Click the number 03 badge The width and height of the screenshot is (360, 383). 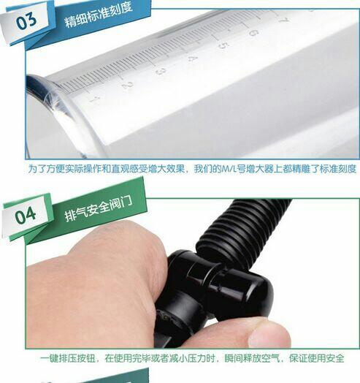pos(26,20)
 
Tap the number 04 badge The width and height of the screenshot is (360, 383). pos(26,215)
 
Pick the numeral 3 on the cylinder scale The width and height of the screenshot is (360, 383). pos(161,72)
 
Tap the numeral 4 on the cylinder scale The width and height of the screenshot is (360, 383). pos(193,59)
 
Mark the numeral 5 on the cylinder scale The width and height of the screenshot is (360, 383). pos(223,46)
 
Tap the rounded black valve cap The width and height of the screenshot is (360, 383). pos(245,288)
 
